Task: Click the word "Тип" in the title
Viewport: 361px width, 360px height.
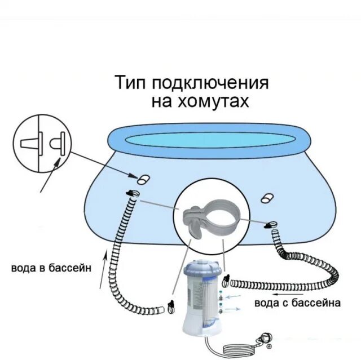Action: pos(130,83)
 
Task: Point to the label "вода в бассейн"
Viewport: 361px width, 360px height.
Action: pos(51,268)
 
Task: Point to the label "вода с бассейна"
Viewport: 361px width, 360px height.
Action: pos(297,303)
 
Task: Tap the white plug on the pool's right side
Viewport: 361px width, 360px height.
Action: pos(268,197)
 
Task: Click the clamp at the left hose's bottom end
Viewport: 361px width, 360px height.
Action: pos(170,307)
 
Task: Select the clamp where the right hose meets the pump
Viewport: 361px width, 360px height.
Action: pos(227,281)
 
